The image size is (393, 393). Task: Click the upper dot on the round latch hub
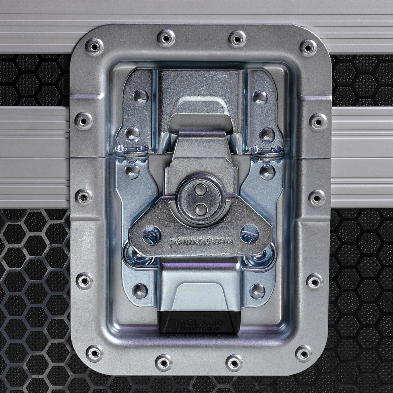(199, 190)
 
